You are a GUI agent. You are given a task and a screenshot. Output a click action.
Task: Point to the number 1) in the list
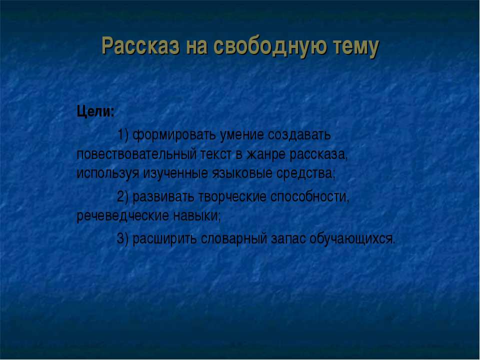(x=123, y=135)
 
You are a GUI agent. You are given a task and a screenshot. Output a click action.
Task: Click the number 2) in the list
(x=123, y=196)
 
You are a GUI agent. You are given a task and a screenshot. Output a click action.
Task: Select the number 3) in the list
(x=123, y=238)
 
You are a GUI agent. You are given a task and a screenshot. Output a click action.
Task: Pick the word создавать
(x=299, y=135)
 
